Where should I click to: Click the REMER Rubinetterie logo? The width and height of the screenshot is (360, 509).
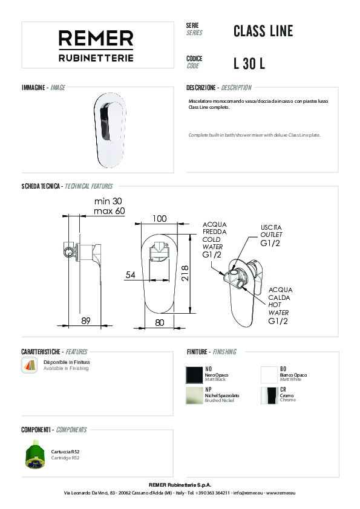96,46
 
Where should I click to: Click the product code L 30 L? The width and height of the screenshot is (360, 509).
249,63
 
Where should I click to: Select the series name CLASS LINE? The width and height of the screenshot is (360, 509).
263,31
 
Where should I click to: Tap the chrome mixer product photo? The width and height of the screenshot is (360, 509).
109,130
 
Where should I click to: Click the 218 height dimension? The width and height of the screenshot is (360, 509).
185,273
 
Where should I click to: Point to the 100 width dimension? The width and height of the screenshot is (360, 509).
160,218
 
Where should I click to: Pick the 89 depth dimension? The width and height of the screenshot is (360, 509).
86,321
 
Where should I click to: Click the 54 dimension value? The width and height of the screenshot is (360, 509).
130,275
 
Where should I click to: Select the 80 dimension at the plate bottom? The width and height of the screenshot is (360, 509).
160,323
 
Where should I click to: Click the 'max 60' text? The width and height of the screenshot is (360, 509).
109,211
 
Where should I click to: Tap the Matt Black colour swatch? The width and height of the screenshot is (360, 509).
194,375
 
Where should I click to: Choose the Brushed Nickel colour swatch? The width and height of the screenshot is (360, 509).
194,395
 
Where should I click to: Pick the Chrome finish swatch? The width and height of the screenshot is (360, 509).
269,395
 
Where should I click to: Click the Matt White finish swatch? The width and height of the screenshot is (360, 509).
269,375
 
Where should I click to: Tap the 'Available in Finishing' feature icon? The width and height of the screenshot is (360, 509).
29,365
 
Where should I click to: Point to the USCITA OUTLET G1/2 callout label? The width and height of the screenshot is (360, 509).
271,235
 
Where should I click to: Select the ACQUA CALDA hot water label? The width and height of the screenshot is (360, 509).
280,305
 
